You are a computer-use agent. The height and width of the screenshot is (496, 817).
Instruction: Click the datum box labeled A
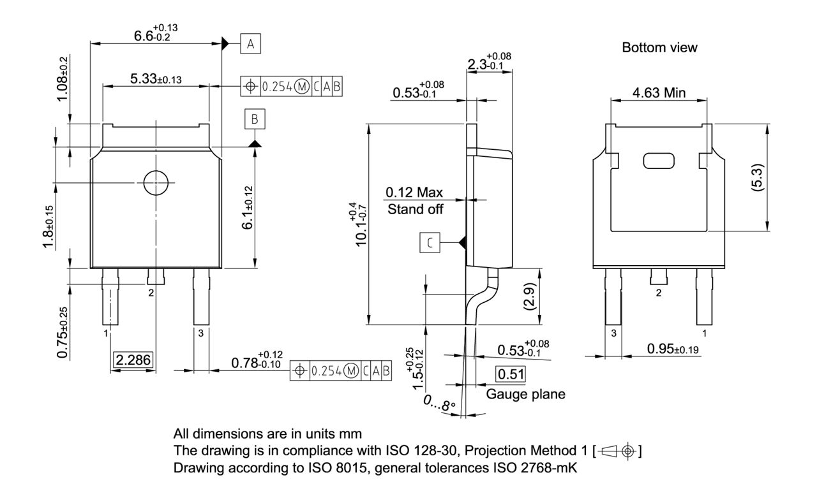251,44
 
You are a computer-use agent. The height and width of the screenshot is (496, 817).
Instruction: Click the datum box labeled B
255,119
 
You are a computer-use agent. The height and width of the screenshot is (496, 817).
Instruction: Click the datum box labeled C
430,242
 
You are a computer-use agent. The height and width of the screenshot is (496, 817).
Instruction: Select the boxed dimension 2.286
133,360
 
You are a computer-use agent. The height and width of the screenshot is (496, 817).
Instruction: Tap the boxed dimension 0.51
511,374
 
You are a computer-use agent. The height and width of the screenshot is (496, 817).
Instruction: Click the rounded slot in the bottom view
659,161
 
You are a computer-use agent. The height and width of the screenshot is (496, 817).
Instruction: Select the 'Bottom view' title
659,48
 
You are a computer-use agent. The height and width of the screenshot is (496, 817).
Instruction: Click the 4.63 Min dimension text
659,93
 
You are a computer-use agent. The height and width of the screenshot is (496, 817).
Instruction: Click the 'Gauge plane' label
525,394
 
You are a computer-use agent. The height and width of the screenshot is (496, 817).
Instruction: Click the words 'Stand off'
415,208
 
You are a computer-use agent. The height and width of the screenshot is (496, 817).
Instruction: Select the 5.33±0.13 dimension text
155,79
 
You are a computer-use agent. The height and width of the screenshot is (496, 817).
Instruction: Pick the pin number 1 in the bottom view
705,333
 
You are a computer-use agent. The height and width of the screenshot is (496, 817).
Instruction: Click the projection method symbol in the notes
617,452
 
